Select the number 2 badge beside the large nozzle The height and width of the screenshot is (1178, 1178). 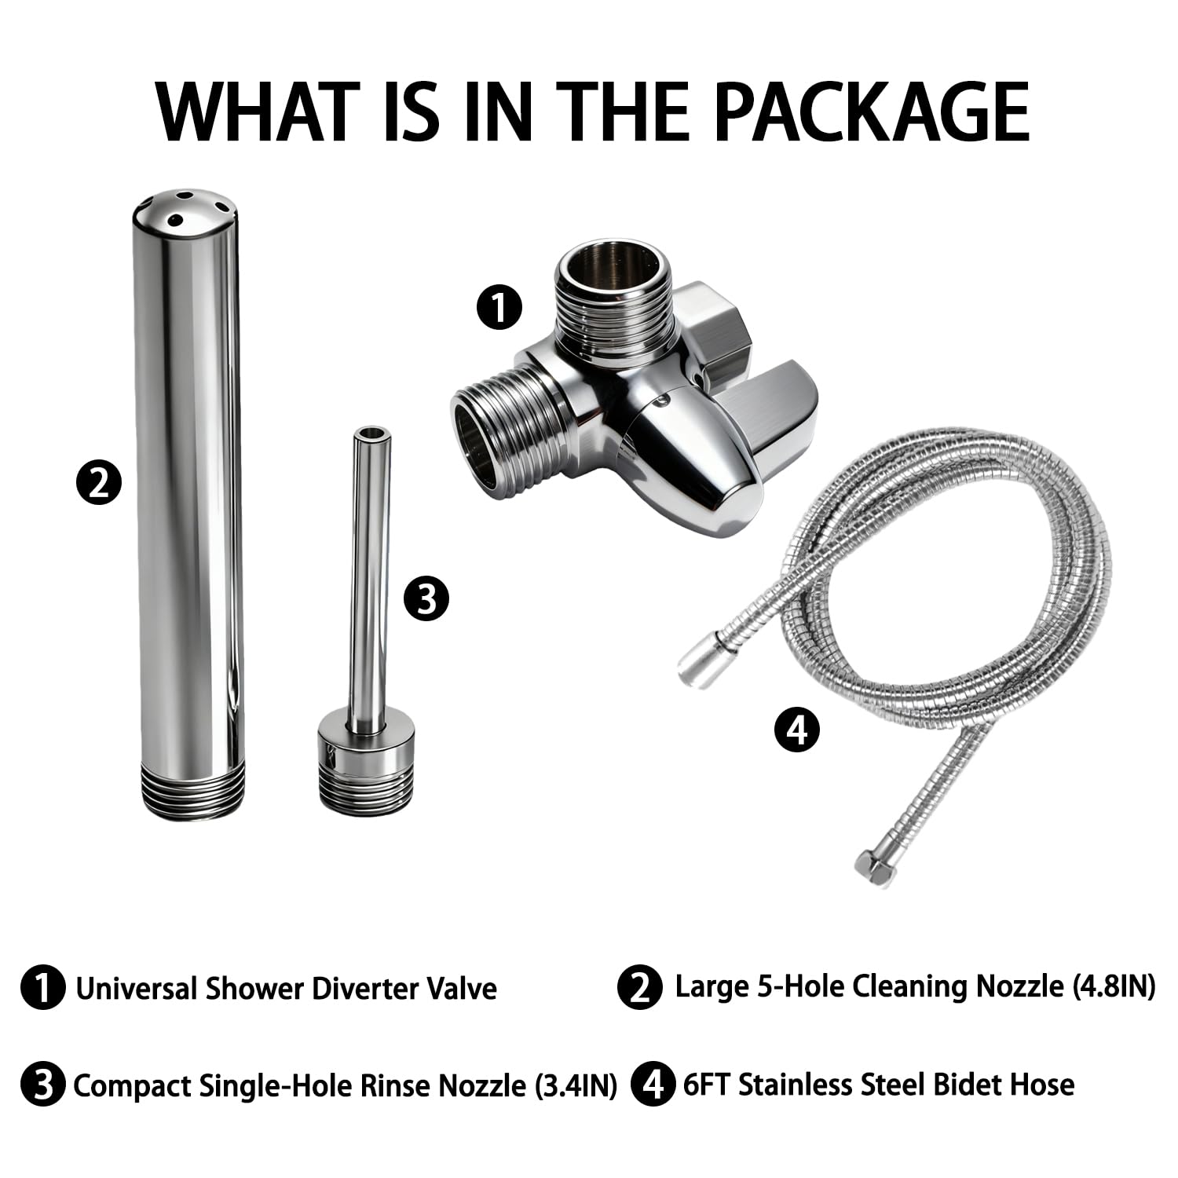click(x=99, y=482)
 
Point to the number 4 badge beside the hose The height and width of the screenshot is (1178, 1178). click(x=797, y=730)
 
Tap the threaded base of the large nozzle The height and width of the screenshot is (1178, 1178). click(x=190, y=792)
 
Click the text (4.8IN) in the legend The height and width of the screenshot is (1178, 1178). click(x=1113, y=987)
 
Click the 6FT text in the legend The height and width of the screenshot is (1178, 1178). click(x=708, y=1085)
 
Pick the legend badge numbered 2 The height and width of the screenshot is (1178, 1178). click(x=640, y=987)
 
